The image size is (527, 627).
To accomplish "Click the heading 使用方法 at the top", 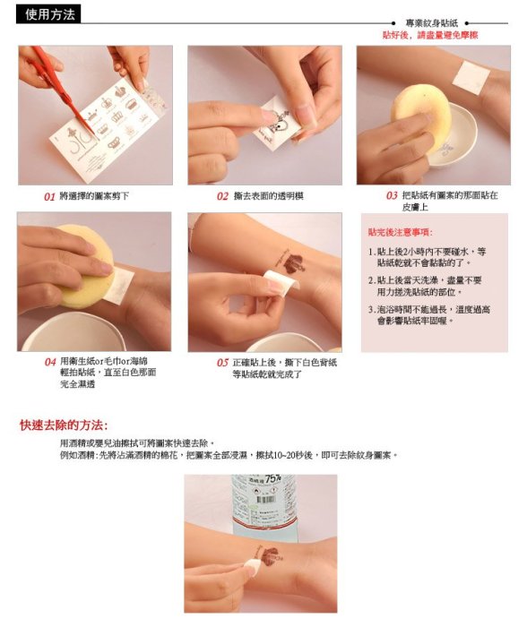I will coord(50,14).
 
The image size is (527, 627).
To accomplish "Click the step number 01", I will coord(50,195).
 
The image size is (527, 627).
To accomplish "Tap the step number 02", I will coord(222,195).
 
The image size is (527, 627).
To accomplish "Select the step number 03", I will coord(392,195).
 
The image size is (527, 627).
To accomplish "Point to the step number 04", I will coord(51,362).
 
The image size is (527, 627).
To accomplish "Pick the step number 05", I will coord(222,362).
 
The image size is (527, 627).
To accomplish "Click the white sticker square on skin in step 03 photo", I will coord(470,77).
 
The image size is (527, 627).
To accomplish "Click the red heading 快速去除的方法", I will coord(63,425).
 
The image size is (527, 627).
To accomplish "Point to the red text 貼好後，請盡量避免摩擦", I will coord(430,36).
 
